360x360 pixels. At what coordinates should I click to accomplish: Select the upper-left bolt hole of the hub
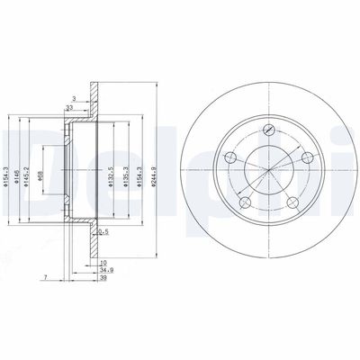click(230, 158)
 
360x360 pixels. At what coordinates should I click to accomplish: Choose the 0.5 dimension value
click(103, 231)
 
